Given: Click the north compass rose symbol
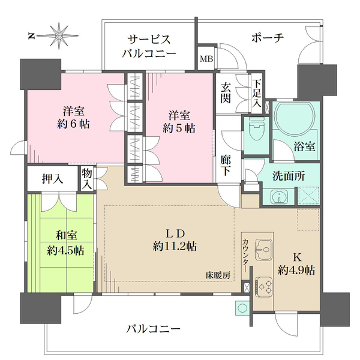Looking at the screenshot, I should pos(60,36).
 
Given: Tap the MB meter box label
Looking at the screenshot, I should pos(206,59).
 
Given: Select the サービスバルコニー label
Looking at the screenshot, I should pos(151,46).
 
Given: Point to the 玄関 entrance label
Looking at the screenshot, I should pos(226,92).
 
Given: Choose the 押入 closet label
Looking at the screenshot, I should pos(53,178).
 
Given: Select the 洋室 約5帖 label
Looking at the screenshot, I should pos(181,121).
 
